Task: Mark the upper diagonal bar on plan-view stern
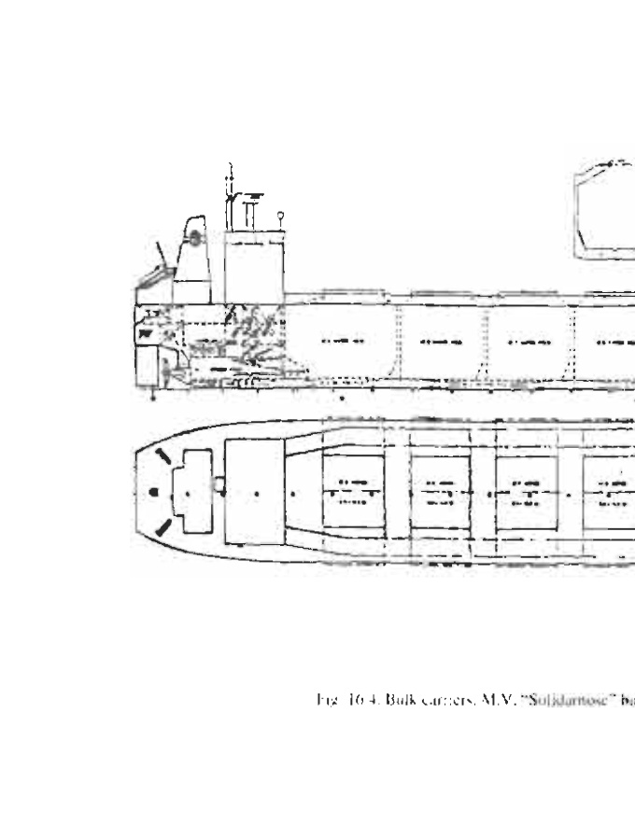click(x=163, y=457)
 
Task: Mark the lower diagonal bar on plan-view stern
click(x=163, y=527)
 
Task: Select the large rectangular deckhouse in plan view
click(x=254, y=492)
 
